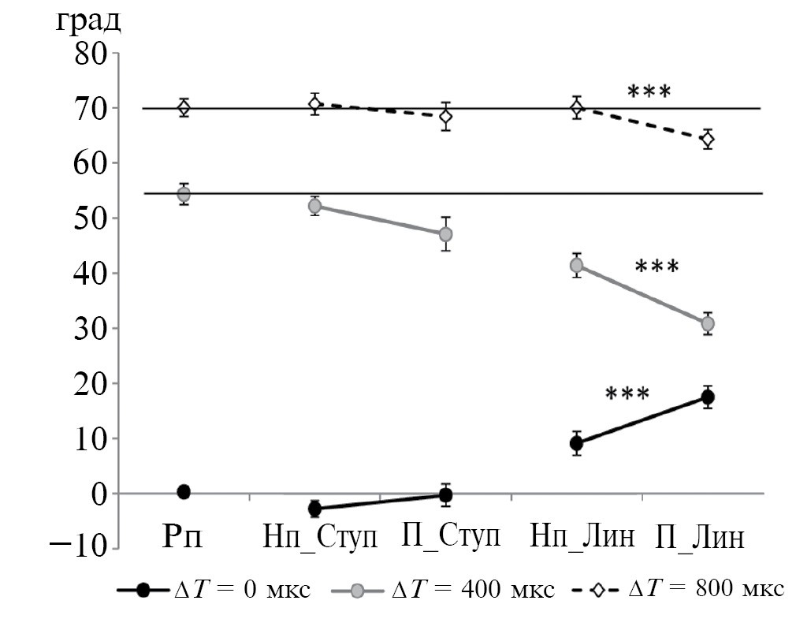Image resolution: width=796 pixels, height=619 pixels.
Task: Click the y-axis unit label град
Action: tap(87, 21)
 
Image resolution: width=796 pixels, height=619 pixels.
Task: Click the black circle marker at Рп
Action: tap(184, 491)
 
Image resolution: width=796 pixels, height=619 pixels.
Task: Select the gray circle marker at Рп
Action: tap(184, 194)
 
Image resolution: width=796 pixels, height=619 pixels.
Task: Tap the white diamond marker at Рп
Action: tap(184, 108)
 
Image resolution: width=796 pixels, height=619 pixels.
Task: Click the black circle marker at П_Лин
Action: tap(708, 397)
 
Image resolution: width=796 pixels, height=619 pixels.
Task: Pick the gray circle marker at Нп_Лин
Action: tap(577, 265)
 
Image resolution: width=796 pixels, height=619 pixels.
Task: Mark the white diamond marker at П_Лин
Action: tap(708, 139)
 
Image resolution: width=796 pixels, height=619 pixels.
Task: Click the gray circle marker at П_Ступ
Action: tap(445, 234)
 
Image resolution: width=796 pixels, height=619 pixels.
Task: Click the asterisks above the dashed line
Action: tap(649, 91)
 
